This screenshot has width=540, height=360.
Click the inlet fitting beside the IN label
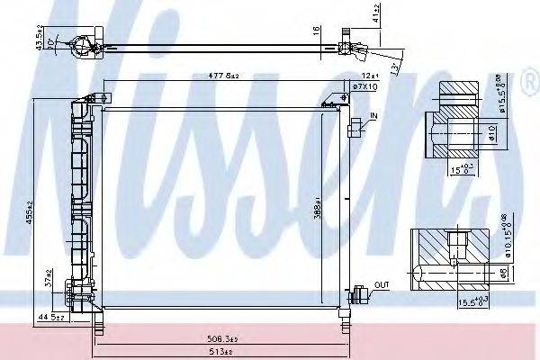[x=357, y=128]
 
